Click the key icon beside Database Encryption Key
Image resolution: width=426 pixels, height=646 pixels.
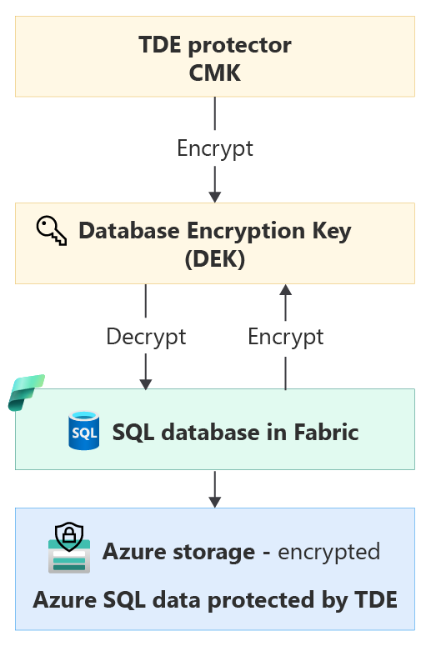52,229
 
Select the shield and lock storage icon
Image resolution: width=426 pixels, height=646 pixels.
69,548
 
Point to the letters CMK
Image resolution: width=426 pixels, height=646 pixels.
215,73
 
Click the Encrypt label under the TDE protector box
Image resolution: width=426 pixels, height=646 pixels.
215,149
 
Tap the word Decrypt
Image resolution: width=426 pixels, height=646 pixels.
146,337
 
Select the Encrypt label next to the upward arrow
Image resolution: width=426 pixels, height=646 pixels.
286,337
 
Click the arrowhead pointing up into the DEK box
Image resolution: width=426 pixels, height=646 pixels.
286,289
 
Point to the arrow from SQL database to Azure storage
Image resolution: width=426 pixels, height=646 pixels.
215,489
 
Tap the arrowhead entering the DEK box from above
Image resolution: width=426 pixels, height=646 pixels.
215,196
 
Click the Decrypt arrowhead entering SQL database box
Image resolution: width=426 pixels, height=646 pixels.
146,383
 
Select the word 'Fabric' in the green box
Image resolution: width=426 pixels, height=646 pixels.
326,433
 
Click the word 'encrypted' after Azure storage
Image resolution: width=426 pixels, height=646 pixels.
328,552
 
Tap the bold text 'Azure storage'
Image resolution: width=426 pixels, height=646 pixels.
178,552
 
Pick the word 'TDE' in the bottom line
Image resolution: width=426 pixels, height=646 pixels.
375,599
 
